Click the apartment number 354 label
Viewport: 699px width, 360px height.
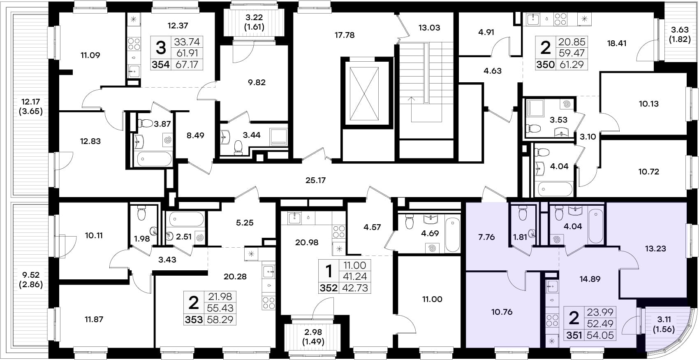(x=161, y=65)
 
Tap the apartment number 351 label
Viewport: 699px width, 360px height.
(x=574, y=335)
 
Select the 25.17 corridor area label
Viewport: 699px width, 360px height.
(x=315, y=181)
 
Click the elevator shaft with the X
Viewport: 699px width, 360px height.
(x=364, y=94)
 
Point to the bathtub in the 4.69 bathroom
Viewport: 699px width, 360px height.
(x=452, y=235)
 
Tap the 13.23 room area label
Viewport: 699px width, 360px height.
(x=655, y=249)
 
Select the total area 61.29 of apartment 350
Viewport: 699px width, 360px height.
(x=572, y=65)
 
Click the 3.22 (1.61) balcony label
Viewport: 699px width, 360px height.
(x=254, y=22)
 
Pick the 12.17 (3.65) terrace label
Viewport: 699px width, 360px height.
(x=30, y=107)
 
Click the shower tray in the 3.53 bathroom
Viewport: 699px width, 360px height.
(x=535, y=108)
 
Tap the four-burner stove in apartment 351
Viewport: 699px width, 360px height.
(x=552, y=321)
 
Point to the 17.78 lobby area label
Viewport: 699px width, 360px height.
(x=345, y=35)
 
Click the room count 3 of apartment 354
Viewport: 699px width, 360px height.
(x=161, y=48)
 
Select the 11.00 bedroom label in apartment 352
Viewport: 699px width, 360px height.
(x=432, y=300)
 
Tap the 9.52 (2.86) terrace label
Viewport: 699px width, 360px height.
(x=30, y=280)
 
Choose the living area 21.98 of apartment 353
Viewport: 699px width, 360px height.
(x=220, y=296)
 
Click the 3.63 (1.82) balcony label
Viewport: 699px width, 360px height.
(x=680, y=34)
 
